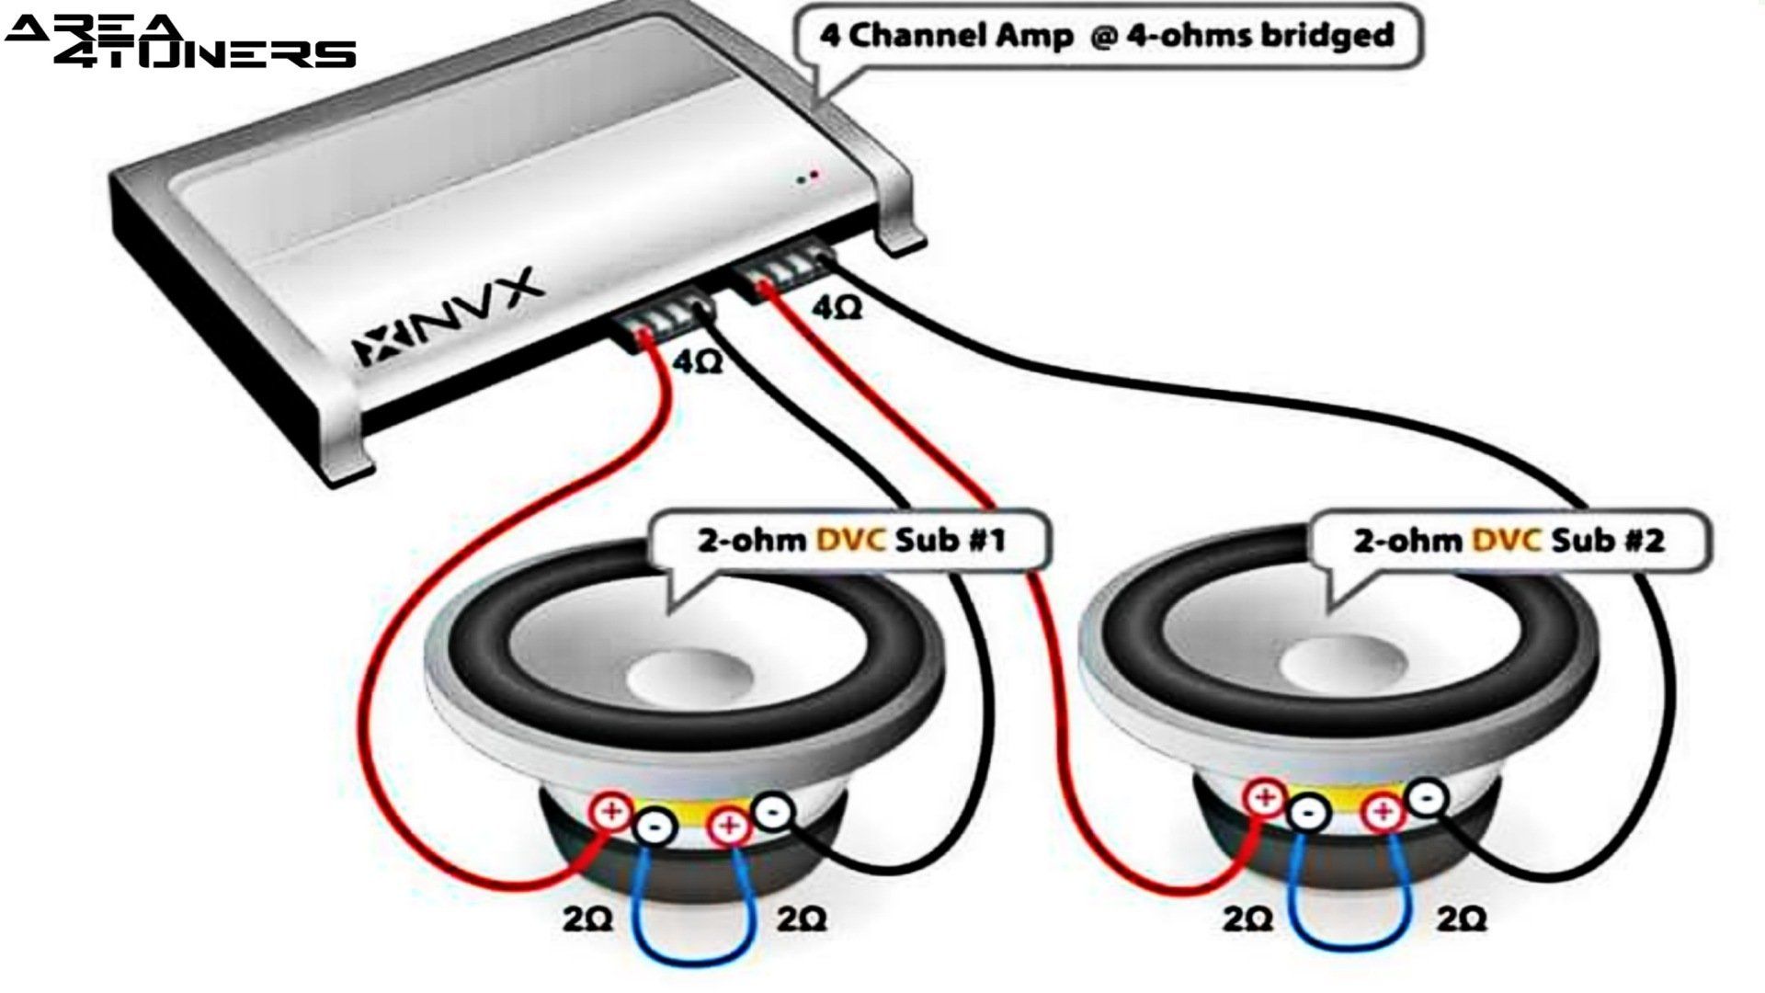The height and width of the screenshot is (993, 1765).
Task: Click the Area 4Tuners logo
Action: coord(179,41)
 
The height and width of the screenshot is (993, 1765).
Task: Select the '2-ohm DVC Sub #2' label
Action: coord(1508,540)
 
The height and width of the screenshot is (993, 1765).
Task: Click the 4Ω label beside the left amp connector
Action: coord(698,361)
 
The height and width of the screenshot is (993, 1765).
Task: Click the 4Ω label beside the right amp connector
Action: coord(837,309)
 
